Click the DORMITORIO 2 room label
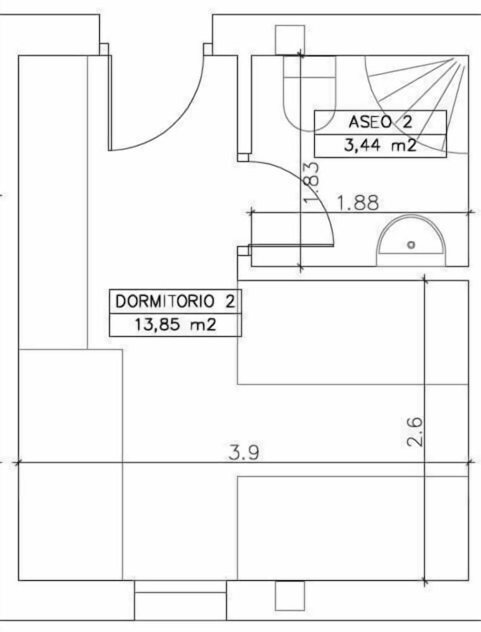[x=175, y=301]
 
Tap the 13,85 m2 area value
[x=175, y=324]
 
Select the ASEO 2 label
[x=381, y=122]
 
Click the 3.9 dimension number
[x=243, y=453]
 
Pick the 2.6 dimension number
[x=415, y=432]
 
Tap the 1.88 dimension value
[x=358, y=203]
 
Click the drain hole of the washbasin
[x=411, y=244]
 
